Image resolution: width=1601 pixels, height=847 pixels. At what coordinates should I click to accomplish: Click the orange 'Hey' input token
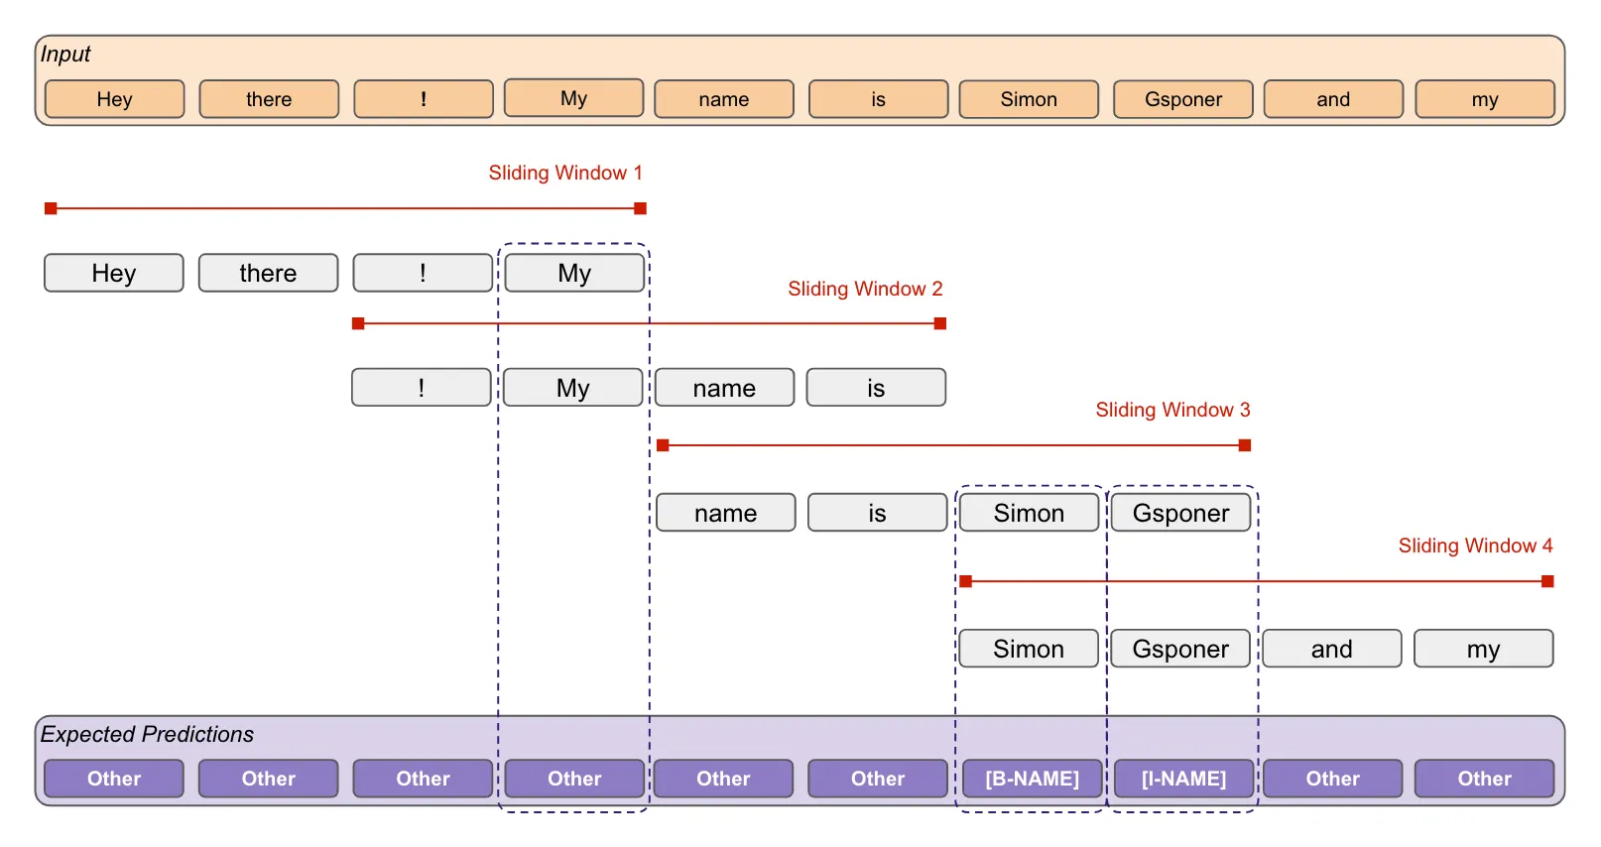tap(114, 99)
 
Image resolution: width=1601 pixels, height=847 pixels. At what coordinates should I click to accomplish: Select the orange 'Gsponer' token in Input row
tap(1182, 99)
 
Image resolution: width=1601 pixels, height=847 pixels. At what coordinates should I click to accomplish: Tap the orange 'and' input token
tap(1332, 99)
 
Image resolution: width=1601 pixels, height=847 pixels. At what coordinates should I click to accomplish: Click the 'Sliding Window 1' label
tap(565, 173)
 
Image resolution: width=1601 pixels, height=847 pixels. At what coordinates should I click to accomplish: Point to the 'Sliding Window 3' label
tap(1172, 410)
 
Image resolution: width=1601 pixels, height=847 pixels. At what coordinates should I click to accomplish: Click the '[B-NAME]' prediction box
tap(1032, 779)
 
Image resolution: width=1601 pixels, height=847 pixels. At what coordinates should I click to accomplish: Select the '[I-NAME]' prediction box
tap(1183, 779)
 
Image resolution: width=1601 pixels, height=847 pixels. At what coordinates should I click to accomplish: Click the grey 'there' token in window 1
tap(268, 273)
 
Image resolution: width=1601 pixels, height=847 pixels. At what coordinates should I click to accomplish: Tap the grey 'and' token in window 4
tap(1331, 649)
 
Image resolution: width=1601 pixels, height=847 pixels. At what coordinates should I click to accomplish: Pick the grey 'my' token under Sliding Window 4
tap(1483, 649)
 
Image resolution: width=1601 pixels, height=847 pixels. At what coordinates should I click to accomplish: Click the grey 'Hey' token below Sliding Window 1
tap(114, 273)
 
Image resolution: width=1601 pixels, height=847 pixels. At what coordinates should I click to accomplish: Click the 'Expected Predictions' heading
tap(147, 734)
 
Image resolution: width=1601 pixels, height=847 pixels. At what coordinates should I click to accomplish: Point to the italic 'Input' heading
tap(65, 55)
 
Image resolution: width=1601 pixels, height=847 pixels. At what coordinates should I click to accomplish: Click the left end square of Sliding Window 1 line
tap(51, 208)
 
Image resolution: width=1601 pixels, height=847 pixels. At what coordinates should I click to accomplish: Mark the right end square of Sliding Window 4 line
tap(1547, 581)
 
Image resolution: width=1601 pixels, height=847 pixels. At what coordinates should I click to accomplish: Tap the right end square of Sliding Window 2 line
tap(940, 323)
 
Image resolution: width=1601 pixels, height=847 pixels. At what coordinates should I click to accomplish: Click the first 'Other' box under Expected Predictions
tap(114, 779)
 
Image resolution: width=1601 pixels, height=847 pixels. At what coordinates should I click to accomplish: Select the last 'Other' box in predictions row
tap(1484, 779)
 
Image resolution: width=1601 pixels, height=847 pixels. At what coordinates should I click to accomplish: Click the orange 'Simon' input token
tap(1029, 99)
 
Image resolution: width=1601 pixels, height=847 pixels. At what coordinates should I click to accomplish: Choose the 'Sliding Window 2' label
tap(865, 289)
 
